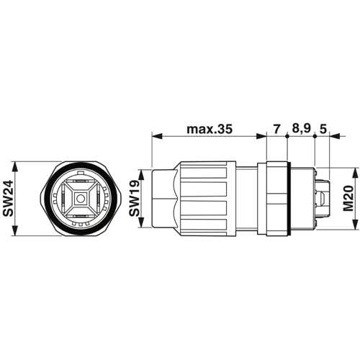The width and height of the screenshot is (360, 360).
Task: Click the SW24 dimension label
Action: click(x=8, y=199)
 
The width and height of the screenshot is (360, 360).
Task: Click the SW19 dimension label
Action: click(x=135, y=198)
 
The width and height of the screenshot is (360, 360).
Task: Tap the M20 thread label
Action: click(x=348, y=198)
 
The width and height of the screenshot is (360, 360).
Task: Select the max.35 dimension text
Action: click(x=210, y=129)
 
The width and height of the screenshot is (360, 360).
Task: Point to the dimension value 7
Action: click(x=276, y=129)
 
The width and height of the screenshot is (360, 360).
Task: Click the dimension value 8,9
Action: click(x=301, y=129)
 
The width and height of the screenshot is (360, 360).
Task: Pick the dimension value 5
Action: click(x=323, y=129)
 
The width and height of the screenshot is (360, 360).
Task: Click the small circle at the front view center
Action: click(x=80, y=199)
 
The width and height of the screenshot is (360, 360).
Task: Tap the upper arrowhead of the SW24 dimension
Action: click(x=15, y=166)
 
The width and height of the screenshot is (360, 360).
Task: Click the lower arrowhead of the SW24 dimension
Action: click(x=15, y=230)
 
